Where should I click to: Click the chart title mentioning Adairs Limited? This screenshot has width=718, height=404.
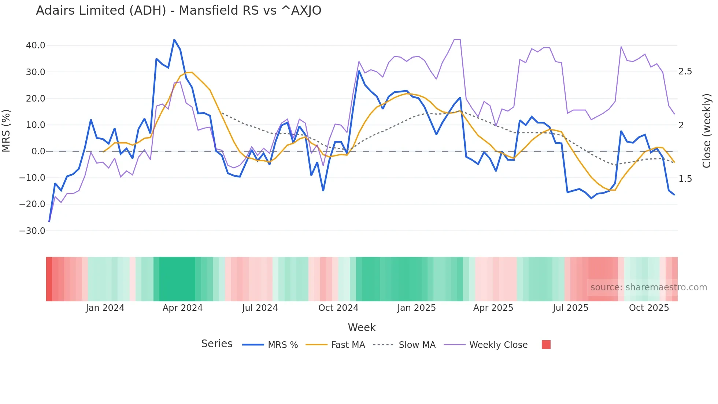point(178,11)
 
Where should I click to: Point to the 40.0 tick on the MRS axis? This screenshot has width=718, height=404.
point(36,45)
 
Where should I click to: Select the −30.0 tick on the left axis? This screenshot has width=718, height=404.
point(32,231)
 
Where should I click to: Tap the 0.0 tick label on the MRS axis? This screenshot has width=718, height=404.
point(38,151)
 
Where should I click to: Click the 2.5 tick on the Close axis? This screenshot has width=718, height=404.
point(685,71)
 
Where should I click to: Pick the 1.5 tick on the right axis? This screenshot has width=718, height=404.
point(685,179)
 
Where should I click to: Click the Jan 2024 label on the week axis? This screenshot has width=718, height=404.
point(105,308)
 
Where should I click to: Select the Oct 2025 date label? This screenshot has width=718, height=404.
point(649,308)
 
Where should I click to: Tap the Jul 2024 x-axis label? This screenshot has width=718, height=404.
point(260,308)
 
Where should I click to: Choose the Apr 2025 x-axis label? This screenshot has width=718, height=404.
point(493,308)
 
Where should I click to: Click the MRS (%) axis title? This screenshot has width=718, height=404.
point(6,131)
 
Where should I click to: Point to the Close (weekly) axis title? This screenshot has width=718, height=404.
point(707,131)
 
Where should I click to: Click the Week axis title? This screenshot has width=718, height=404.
point(362,327)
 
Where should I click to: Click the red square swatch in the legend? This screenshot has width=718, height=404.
point(546,345)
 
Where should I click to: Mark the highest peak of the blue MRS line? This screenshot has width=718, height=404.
point(174,40)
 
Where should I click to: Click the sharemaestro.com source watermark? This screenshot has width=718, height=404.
point(648,287)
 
